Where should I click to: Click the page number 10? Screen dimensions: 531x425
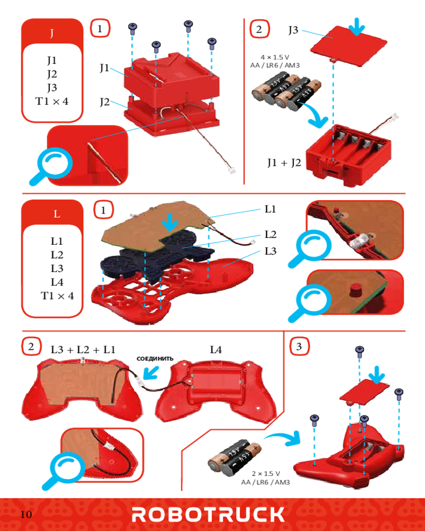click(27, 514)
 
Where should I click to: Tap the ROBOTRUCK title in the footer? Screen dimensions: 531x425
click(208, 514)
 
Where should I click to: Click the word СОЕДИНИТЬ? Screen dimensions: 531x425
click(155, 358)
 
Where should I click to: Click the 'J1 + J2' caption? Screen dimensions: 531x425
click(284, 162)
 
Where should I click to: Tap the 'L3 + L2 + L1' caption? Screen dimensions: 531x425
click(83, 349)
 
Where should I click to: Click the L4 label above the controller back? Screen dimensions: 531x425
click(216, 349)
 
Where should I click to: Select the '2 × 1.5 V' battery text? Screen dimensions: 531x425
click(266, 473)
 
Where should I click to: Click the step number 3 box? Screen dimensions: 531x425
click(300, 347)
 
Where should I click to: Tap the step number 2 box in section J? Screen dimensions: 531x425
click(259, 29)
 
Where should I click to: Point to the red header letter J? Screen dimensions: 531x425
click(52, 33)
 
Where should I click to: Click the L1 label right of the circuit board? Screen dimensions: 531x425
click(270, 209)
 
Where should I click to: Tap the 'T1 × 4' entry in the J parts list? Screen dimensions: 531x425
click(52, 101)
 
